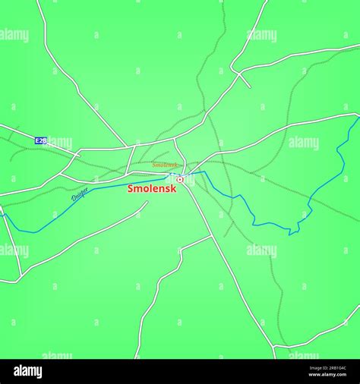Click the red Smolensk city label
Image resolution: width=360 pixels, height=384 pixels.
tap(152, 188)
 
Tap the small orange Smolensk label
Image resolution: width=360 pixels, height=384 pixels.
tap(165, 165)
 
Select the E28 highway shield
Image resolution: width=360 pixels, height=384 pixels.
tap(41, 140)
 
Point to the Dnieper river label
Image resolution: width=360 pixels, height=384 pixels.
tap(79, 195)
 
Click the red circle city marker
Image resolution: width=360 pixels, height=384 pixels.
tap(180, 179)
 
